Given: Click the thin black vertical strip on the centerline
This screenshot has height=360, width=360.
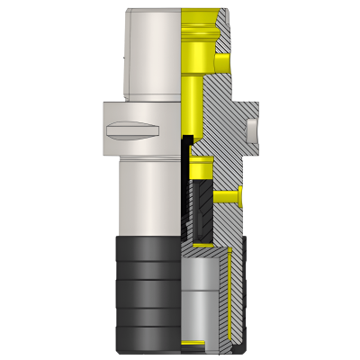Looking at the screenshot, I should pyautogui.click(x=186, y=180).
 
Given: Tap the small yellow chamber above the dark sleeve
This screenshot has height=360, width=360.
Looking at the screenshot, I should pyautogui.click(x=200, y=168).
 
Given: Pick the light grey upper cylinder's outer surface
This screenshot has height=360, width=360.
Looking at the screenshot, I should pyautogui.click(x=153, y=54).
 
